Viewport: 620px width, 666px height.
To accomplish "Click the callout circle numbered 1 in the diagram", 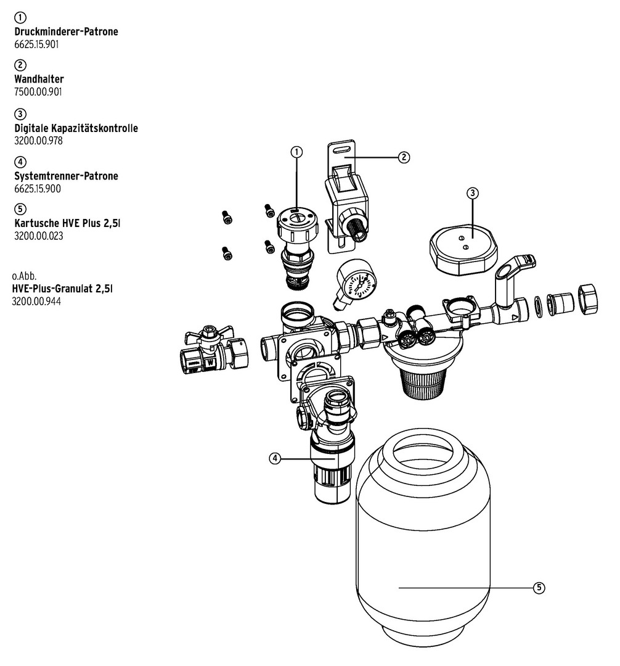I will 296,151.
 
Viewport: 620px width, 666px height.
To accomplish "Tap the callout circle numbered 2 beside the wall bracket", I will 404,157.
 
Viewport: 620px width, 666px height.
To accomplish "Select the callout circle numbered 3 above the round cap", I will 473,193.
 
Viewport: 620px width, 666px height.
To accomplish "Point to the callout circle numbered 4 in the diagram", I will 275,458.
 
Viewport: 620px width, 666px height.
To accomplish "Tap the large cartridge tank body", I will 423,543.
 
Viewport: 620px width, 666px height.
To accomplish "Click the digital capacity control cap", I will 463,249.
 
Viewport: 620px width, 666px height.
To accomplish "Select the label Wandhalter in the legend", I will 39,80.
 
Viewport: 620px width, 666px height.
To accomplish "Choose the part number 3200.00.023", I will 38,236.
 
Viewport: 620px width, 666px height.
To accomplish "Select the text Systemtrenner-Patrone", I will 66,176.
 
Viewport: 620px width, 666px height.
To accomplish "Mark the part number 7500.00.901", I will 38,92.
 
